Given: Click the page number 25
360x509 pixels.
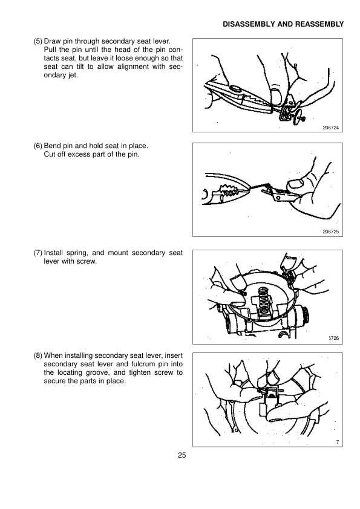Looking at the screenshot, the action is coord(182,455).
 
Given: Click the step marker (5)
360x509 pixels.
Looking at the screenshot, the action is coord(38,42).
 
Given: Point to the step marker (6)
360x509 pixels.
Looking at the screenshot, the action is coord(38,146).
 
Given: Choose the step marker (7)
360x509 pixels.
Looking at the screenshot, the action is coord(38,253).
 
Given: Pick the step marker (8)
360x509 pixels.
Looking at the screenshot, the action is coord(38,356).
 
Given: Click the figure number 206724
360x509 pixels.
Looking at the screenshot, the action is coord(331,128).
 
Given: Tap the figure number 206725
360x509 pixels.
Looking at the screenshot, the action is coord(331,232).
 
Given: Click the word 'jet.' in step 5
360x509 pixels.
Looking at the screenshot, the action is coord(73,76).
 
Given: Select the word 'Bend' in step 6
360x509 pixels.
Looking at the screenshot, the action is coord(51,146).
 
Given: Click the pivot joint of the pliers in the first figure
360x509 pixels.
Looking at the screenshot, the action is coord(235,89).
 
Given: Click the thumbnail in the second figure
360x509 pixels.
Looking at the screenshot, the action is coord(296,184).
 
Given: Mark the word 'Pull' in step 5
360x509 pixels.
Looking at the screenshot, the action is coord(50,50).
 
